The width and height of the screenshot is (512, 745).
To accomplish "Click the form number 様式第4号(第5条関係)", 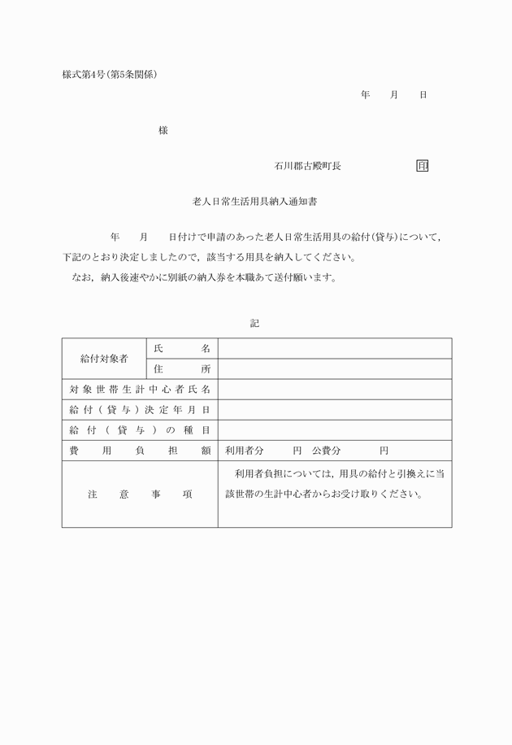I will coord(109,75).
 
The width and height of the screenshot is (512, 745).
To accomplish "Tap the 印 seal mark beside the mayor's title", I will coord(422,166).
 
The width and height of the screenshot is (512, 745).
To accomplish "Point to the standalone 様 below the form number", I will coord(163,130).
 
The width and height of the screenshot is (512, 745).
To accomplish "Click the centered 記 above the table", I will coord(254,323).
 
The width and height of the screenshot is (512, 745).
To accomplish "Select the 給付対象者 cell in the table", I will coord(103,359).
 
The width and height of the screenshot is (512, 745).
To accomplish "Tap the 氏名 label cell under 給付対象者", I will coord(181,348).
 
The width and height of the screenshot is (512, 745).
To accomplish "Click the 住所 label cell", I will coord(181,369).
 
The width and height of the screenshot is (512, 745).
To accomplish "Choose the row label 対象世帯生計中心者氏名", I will coord(140,390).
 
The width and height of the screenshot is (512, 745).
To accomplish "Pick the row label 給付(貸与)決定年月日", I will coord(140,410).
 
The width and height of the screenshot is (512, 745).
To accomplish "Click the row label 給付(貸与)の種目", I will coord(140,430).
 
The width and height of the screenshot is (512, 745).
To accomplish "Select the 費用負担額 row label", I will coord(140,451).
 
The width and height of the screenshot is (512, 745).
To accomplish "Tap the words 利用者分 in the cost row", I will coord(245,451).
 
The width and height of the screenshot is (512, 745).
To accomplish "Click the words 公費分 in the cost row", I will coord(326,451).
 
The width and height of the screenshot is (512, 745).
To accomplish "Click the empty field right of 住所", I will coord(334,369).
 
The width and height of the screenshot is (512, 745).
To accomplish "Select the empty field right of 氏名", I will coord(334,348).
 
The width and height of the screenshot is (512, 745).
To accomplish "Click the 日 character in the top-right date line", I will coord(423,95).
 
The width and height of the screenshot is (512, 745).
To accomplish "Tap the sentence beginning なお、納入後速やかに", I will coord(203,277).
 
